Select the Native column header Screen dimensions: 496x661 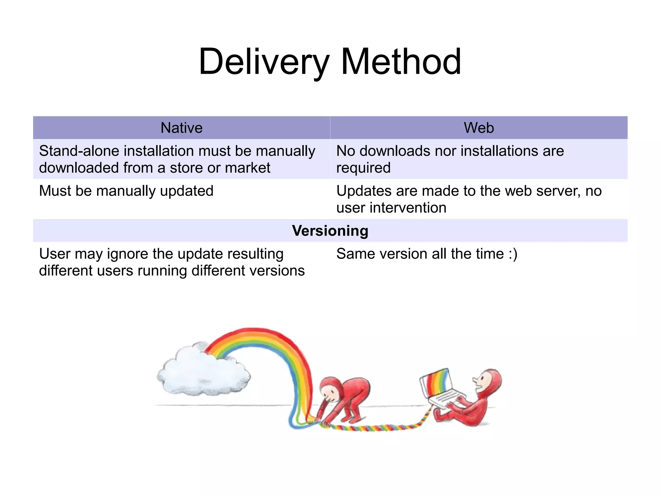[181, 128]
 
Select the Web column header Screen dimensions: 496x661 [479, 128]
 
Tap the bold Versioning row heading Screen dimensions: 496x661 [330, 231]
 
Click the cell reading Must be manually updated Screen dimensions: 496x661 [126, 191]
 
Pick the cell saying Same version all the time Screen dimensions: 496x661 [427, 254]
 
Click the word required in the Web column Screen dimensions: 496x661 [363, 168]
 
